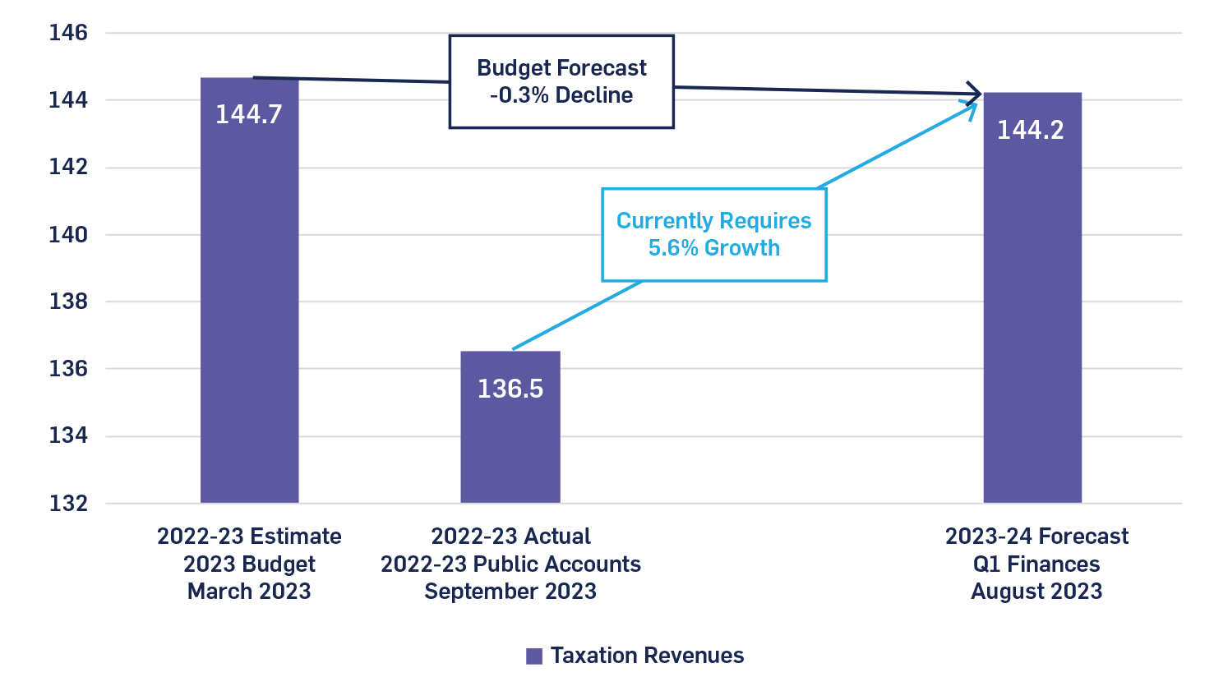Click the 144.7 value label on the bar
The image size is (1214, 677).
tap(248, 114)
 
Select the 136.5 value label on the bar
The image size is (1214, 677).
tap(510, 389)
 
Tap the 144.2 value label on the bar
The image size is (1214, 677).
tap(1030, 130)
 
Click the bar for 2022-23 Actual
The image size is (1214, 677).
tap(510, 444)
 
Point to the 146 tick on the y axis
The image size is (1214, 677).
tap(68, 33)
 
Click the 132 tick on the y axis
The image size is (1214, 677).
tap(68, 503)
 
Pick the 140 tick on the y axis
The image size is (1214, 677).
tap(68, 234)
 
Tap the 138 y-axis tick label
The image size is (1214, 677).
tap(68, 302)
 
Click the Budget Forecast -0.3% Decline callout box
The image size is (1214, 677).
tap(561, 81)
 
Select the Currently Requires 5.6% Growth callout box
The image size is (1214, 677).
tap(713, 235)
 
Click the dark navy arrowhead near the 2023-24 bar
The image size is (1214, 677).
tap(976, 94)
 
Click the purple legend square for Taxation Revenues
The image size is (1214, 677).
tap(534, 656)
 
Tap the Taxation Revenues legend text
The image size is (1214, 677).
tap(647, 656)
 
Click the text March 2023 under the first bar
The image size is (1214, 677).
tap(249, 592)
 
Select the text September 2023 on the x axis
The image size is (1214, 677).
tap(510, 592)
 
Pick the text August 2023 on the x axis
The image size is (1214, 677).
tap(1036, 592)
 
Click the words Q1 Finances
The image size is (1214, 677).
tap(1036, 564)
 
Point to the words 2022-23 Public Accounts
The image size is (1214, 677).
tap(510, 564)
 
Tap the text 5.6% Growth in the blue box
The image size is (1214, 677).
tap(713, 248)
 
